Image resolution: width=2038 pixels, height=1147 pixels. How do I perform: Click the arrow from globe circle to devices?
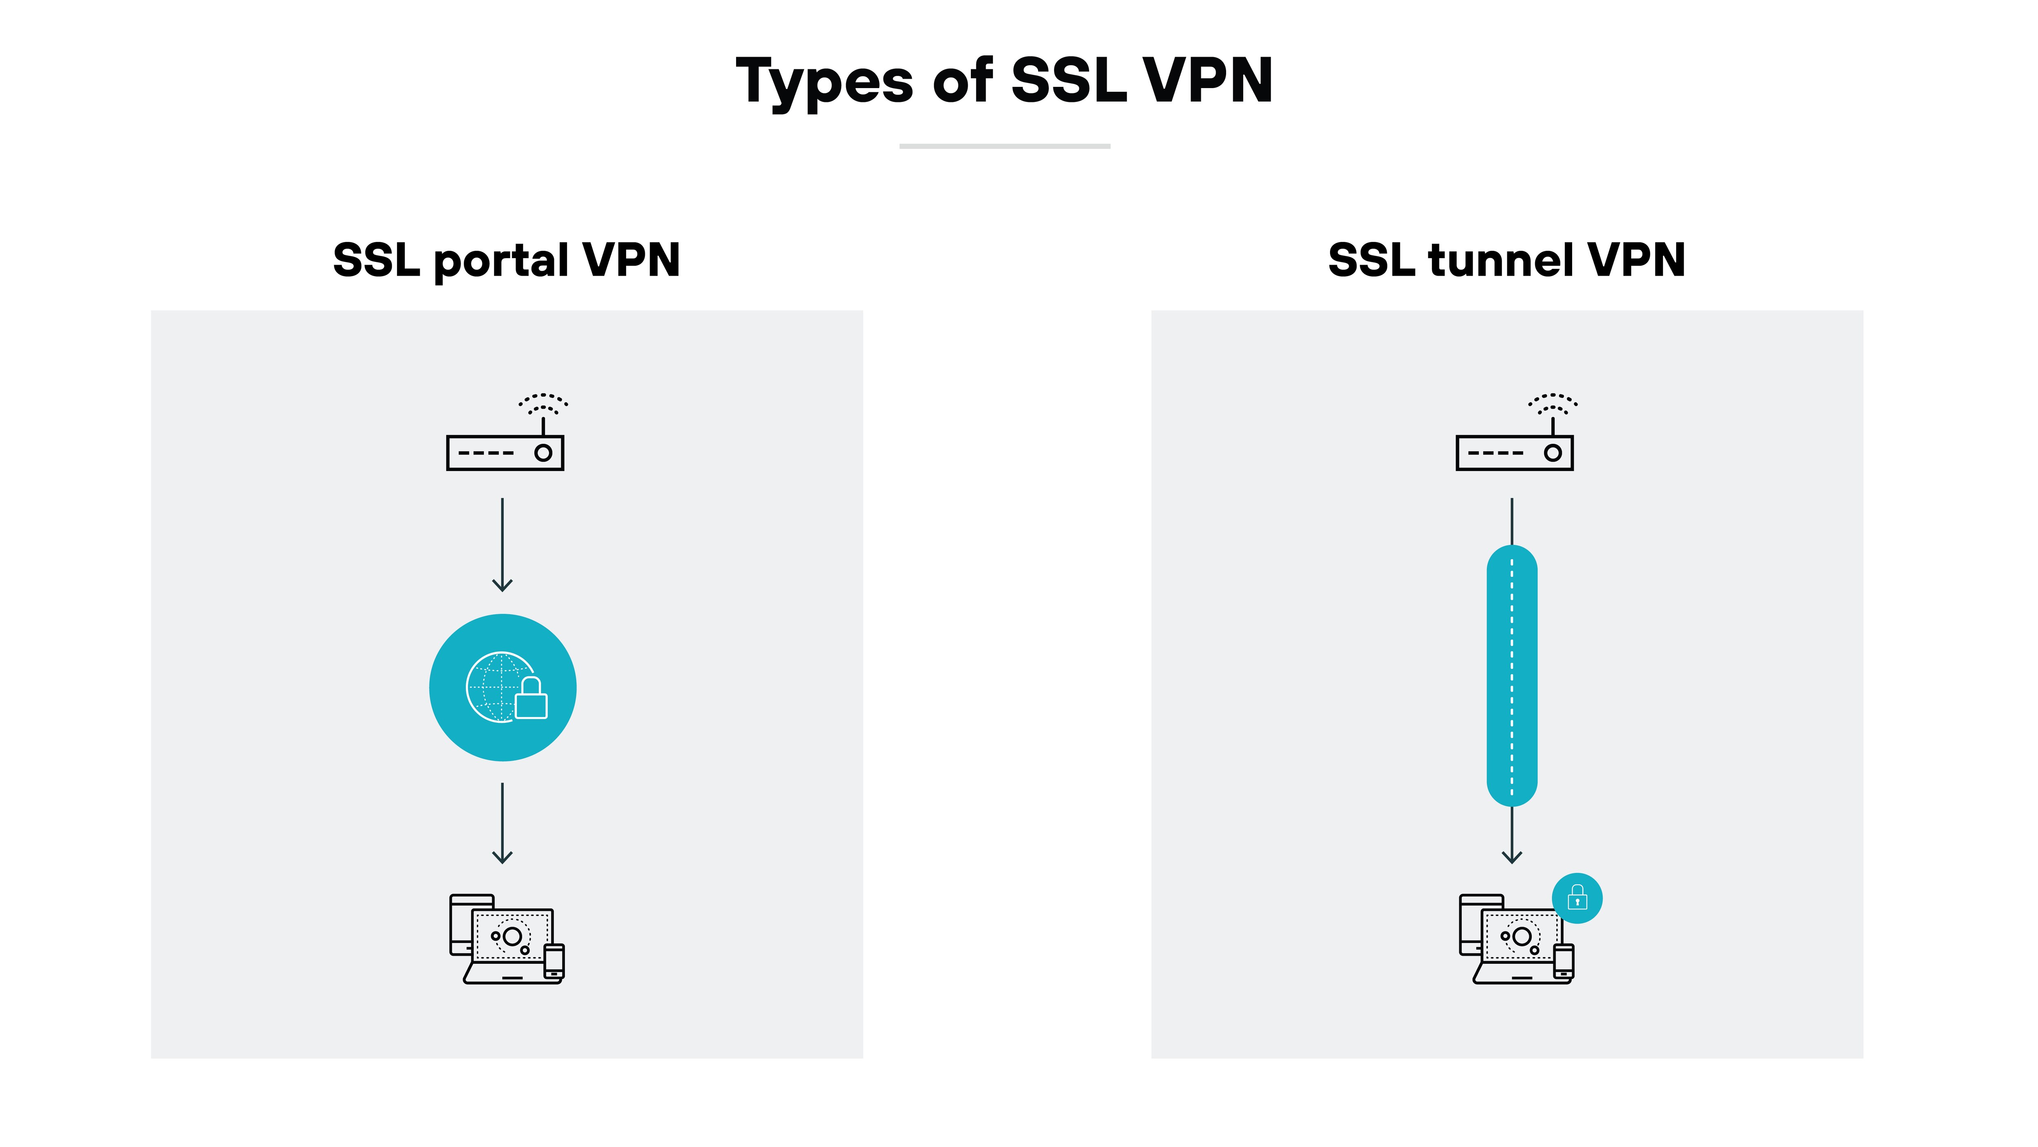click(x=503, y=823)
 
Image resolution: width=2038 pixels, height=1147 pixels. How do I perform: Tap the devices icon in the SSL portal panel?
click(x=506, y=940)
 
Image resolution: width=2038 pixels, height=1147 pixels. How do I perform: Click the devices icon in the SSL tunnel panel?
click(x=1515, y=940)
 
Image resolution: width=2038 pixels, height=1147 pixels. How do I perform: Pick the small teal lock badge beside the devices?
click(x=1577, y=899)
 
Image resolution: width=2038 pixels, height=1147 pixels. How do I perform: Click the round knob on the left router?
click(x=543, y=453)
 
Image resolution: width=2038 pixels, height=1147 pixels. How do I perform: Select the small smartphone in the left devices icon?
click(x=554, y=961)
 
